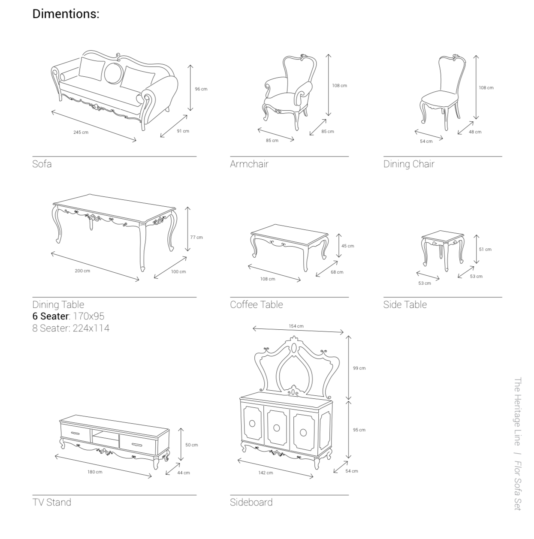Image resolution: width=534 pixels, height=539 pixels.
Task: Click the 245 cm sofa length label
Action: pyautogui.click(x=81, y=132)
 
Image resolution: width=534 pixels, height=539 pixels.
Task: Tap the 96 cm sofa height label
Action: pyautogui.click(x=201, y=89)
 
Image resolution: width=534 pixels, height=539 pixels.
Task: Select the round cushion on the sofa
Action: pyautogui.click(x=113, y=73)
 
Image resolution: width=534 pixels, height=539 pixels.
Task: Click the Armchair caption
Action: pyautogui.click(x=249, y=164)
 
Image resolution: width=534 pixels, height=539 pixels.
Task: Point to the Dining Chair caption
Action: pyautogui.click(x=409, y=164)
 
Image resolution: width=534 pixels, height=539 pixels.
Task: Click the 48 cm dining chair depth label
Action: pyautogui.click(x=475, y=132)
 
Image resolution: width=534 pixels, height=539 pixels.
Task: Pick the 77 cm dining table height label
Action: pyautogui.click(x=196, y=237)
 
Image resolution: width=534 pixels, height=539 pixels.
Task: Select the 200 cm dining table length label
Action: pyautogui.click(x=82, y=271)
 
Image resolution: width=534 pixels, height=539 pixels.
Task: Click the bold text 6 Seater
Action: pyautogui.click(x=50, y=316)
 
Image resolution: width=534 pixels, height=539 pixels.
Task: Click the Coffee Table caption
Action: pyautogui.click(x=256, y=305)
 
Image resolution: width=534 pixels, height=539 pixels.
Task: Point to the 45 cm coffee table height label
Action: pyautogui.click(x=347, y=246)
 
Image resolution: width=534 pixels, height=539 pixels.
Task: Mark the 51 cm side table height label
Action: pyautogui.click(x=485, y=250)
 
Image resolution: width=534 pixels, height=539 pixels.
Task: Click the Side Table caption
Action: pyautogui.click(x=405, y=305)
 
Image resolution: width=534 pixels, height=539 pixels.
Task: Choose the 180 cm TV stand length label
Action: pyautogui.click(x=95, y=472)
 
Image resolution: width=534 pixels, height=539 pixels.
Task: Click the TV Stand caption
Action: pyautogui.click(x=51, y=503)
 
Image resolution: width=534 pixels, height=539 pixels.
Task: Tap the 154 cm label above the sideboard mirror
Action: pyautogui.click(x=296, y=326)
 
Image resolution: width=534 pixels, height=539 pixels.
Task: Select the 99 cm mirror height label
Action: pyautogui.click(x=359, y=368)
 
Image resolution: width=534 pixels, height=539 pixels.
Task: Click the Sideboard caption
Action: pyautogui.click(x=251, y=503)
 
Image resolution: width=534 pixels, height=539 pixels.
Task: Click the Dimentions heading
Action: pyautogui.click(x=66, y=14)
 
